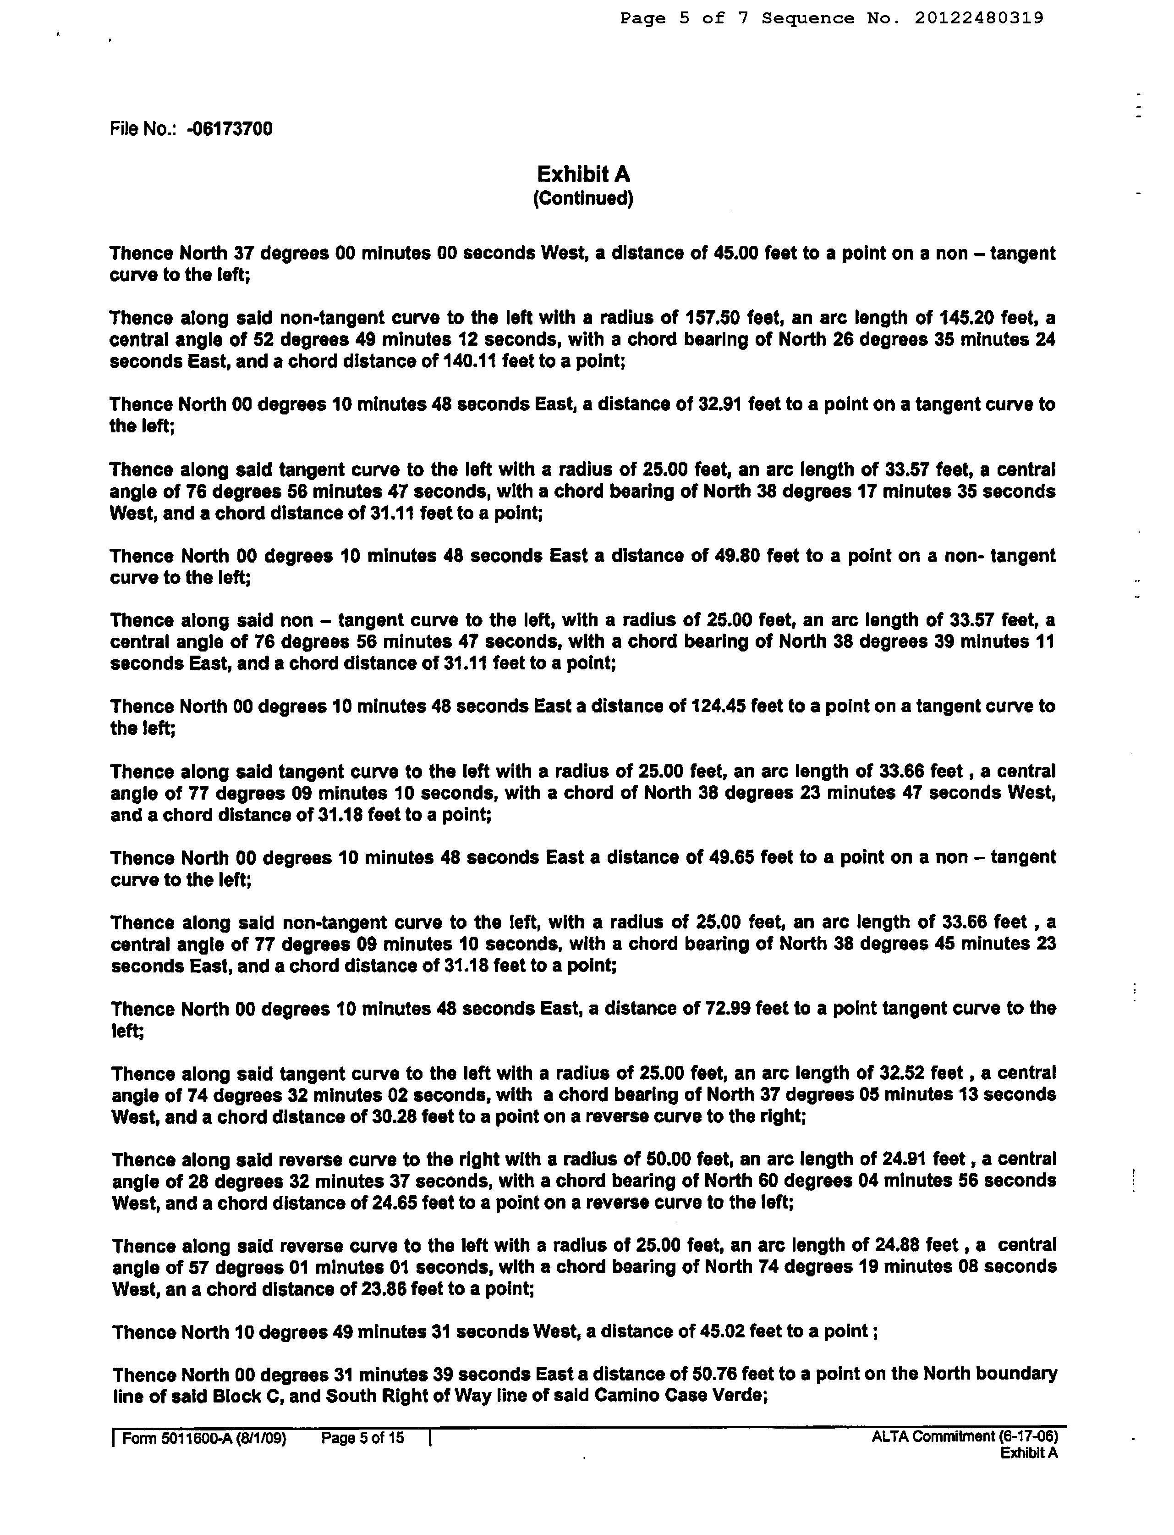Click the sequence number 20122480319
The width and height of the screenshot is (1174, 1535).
click(978, 18)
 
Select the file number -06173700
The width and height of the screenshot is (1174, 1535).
click(230, 129)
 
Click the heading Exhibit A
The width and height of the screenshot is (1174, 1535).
click(583, 174)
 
